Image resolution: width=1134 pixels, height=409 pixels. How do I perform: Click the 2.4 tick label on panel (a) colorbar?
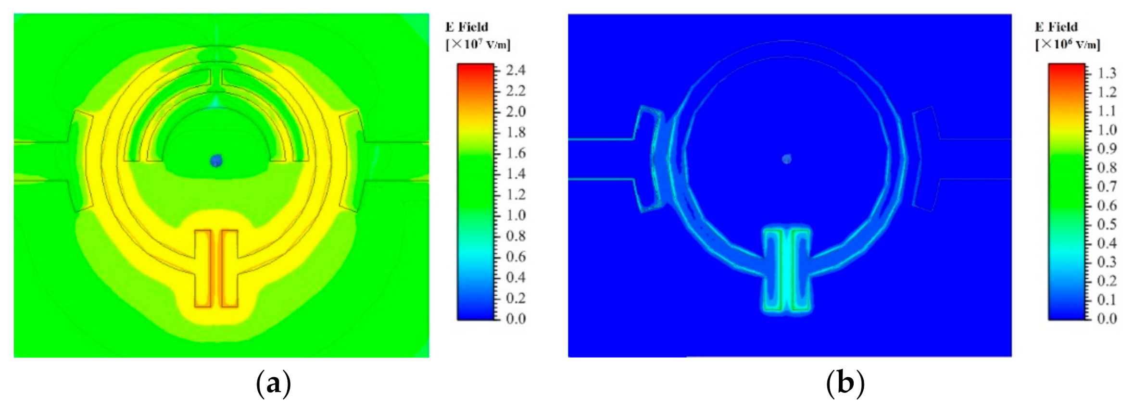coord(516,71)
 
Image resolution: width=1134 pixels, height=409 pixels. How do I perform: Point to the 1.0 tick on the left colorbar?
coord(516,215)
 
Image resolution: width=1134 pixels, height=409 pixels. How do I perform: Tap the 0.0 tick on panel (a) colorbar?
coord(516,319)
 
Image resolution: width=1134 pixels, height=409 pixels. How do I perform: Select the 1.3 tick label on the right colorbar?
coord(1107,74)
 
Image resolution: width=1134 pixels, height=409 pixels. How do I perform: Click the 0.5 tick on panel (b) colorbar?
coord(1107,224)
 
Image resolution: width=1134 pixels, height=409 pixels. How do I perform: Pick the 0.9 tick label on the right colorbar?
coord(1107,149)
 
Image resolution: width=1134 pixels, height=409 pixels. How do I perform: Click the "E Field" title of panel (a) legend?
coord(466,27)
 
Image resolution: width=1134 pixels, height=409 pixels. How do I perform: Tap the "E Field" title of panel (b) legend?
coord(1056,27)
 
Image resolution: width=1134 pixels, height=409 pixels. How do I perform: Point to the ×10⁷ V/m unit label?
coord(478,44)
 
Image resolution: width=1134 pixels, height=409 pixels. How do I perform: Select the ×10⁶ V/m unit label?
coord(1068,44)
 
